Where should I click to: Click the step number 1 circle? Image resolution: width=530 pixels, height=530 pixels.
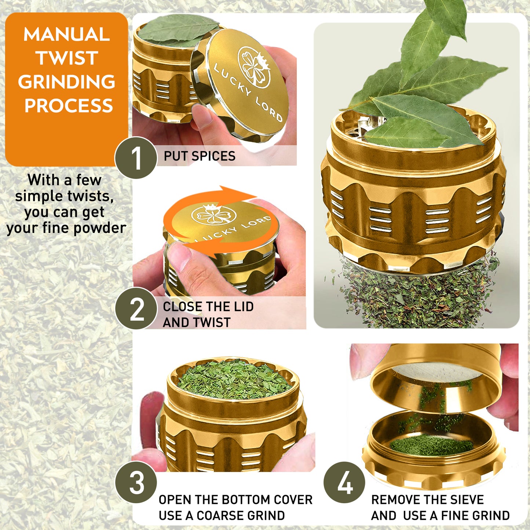pos(136,158)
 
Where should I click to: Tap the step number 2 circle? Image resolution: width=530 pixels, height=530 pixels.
pos(136,308)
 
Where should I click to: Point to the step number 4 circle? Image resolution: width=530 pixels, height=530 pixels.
pos(344,482)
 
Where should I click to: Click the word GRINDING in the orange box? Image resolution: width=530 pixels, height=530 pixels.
pos(67,82)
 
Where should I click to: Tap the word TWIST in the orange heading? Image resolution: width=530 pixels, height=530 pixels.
pos(67,58)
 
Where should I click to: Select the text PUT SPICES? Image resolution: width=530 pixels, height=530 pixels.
pos(199,156)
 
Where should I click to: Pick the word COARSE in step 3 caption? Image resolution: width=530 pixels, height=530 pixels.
pos(216,515)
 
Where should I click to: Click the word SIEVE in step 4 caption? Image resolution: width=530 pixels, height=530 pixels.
pos(467,500)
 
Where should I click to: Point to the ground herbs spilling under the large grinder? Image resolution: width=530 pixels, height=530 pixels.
pos(414,297)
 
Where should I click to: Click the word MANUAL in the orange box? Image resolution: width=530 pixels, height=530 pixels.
pos(67,34)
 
